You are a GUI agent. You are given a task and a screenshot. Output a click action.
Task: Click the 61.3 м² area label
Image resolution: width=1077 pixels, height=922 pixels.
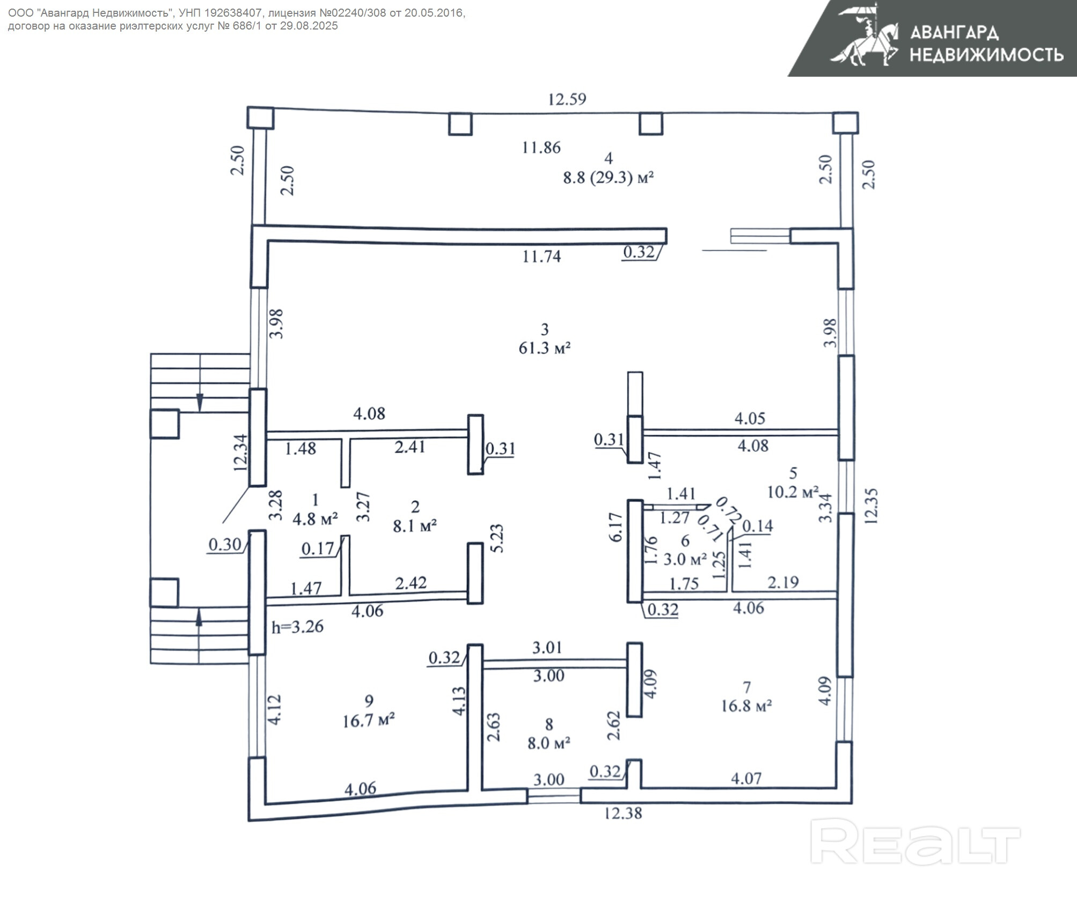pyautogui.click(x=544, y=348)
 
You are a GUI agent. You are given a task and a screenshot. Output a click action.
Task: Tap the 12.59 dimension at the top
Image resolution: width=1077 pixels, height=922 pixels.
pyautogui.click(x=567, y=99)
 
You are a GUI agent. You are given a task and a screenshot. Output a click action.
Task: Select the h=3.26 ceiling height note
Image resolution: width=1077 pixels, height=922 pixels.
pyautogui.click(x=297, y=627)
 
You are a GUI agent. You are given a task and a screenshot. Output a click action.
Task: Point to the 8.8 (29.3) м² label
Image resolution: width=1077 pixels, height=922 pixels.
pyautogui.click(x=608, y=178)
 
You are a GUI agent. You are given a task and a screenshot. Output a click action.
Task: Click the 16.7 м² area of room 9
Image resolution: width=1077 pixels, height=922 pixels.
pyautogui.click(x=369, y=721)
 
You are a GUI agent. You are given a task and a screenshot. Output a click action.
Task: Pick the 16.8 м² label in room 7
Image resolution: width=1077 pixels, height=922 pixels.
pyautogui.click(x=746, y=706)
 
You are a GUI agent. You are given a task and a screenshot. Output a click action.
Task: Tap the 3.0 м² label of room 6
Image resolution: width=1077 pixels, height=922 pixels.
pyautogui.click(x=685, y=559)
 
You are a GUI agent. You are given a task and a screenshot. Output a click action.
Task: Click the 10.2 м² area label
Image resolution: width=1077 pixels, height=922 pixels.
pyautogui.click(x=793, y=492)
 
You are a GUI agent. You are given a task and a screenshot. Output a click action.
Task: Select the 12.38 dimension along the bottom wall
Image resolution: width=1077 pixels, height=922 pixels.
pyautogui.click(x=622, y=813)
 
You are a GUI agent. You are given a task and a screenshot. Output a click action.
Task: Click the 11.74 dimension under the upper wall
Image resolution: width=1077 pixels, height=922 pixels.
pyautogui.click(x=541, y=257)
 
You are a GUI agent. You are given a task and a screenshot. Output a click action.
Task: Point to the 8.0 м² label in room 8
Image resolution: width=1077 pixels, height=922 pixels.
pyautogui.click(x=548, y=743)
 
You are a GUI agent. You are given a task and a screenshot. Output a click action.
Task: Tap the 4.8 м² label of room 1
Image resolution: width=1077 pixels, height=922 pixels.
pyautogui.click(x=315, y=519)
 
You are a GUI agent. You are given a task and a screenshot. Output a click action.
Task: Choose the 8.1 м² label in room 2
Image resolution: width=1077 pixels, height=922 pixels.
pyautogui.click(x=415, y=526)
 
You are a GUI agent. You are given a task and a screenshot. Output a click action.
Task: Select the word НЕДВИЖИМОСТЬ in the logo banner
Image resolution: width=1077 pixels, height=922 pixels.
pyautogui.click(x=986, y=55)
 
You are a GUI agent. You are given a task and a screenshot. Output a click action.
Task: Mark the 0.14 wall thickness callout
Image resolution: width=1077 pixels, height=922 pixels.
pyautogui.click(x=758, y=526)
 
